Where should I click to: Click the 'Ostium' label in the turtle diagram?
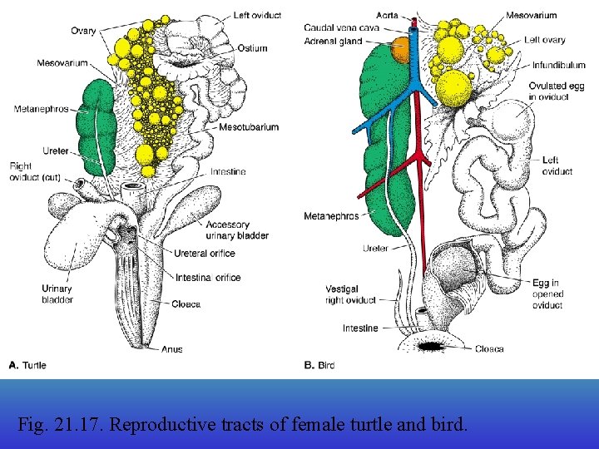252,48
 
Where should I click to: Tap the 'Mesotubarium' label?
249,127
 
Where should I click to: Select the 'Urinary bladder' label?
57,294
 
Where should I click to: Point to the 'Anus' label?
173,350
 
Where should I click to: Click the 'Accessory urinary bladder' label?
237,230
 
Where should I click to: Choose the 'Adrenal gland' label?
333,41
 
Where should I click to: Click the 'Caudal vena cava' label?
341,28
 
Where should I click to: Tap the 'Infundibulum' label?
559,65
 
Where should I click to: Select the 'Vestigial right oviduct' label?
350,294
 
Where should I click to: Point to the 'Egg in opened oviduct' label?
547,294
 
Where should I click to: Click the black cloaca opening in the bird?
433,346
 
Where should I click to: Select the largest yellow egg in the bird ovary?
453,88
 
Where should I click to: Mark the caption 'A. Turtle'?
27,365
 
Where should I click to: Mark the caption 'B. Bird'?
320,365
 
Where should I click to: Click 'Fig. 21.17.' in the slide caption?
60,425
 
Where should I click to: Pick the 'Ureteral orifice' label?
205,254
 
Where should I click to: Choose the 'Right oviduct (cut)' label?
33,172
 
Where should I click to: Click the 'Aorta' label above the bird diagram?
386,16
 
